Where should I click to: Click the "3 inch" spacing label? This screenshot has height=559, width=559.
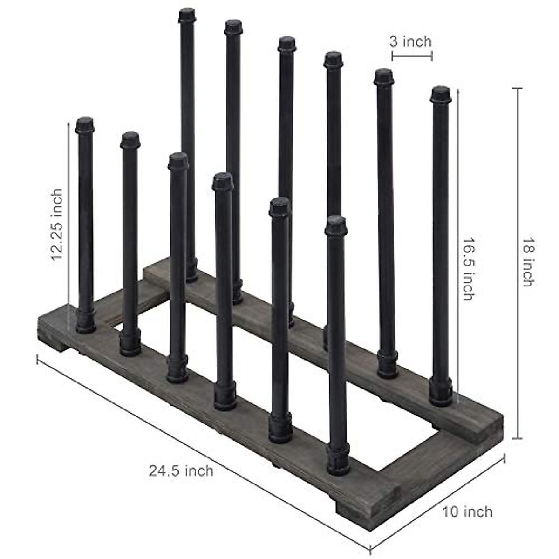[410, 42]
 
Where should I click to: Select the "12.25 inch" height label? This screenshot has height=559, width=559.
[57, 225]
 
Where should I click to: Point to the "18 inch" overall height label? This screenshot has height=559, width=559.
[527, 262]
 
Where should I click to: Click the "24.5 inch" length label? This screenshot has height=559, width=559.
[181, 470]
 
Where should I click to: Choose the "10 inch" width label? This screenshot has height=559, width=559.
[467, 511]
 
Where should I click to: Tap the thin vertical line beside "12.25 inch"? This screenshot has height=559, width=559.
[69, 219]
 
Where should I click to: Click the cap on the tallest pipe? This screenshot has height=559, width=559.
[187, 15]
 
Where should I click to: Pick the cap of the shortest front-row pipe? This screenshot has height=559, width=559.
[336, 225]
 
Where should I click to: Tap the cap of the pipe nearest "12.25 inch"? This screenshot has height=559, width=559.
[85, 125]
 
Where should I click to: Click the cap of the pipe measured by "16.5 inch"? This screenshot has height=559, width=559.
[441, 95]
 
